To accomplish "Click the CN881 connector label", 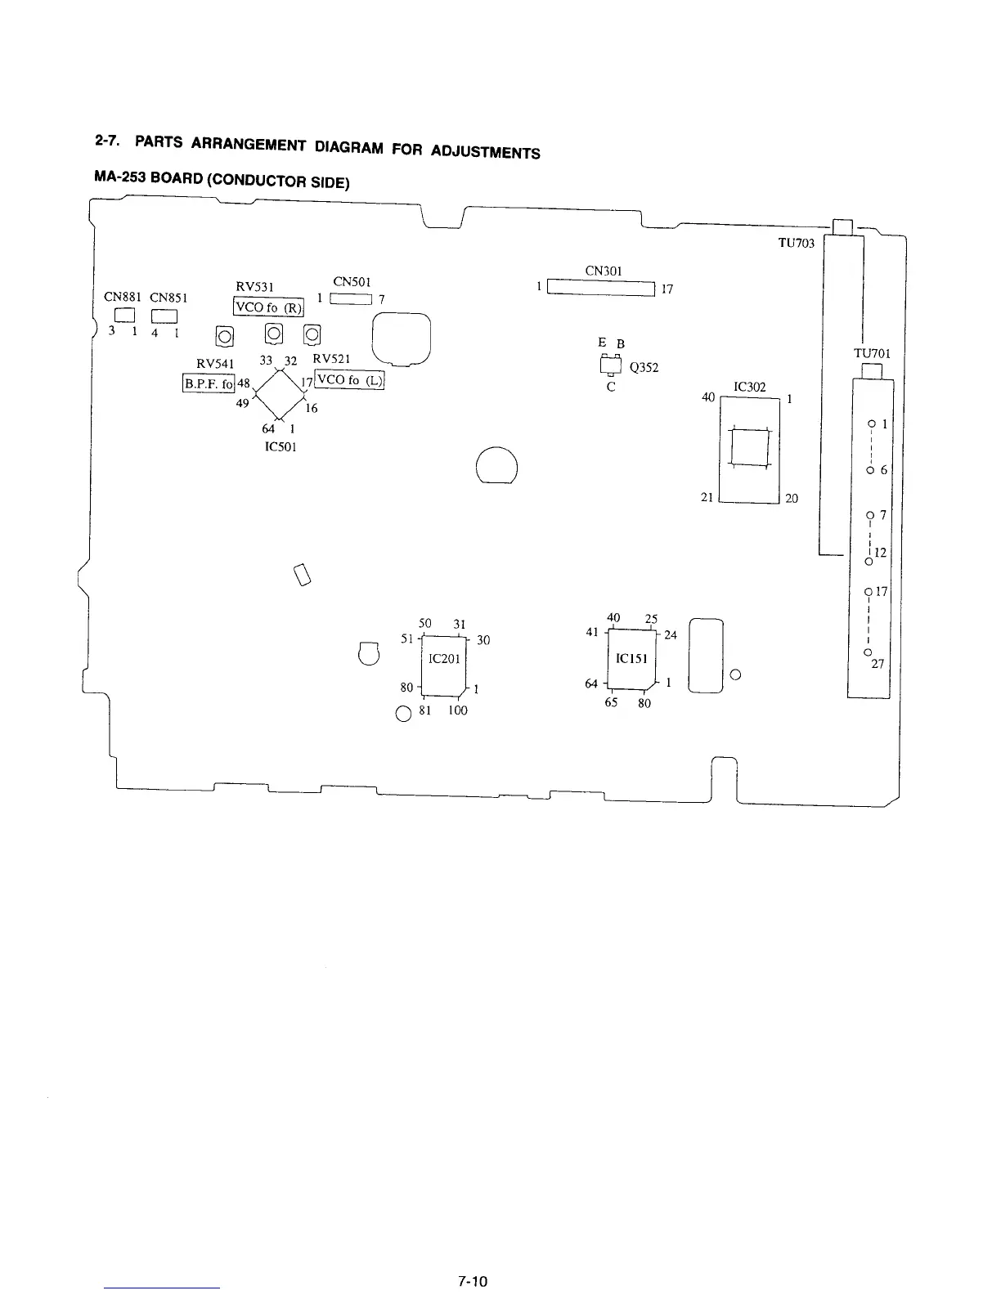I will [122, 297].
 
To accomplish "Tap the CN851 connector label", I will [169, 297].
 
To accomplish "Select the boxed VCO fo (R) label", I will [268, 307].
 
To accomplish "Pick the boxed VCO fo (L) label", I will [350, 380].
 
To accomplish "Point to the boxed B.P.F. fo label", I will [209, 383].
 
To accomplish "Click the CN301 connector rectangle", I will [601, 288].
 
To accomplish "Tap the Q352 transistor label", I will [644, 368].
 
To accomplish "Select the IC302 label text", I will [750, 387].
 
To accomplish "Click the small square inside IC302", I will [750, 447].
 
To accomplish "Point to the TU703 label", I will [797, 244].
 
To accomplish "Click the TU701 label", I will [873, 354].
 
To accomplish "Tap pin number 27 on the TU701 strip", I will [878, 665].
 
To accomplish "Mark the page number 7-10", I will [472, 1282].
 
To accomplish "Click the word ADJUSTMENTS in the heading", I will [485, 152].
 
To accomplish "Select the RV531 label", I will [256, 287].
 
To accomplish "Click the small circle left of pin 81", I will [403, 713].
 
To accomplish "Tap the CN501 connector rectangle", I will [351, 298].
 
